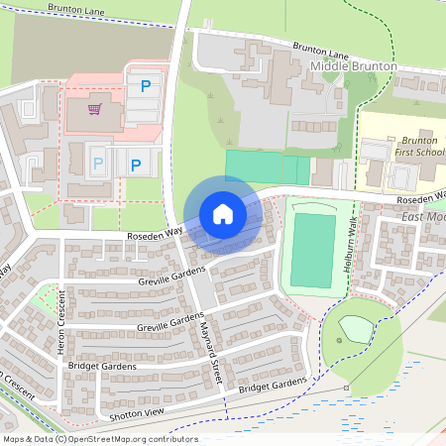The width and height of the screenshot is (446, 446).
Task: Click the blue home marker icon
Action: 223,214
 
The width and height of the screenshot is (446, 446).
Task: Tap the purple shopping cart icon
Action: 96,109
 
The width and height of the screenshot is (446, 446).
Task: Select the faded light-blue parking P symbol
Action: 97,162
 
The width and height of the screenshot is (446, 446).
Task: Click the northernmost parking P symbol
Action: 146,87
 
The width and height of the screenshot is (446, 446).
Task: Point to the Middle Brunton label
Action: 354,65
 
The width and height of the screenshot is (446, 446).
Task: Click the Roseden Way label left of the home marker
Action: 156,234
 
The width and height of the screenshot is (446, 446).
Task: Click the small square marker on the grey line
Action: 346,388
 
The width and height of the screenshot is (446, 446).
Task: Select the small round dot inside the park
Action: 340,341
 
